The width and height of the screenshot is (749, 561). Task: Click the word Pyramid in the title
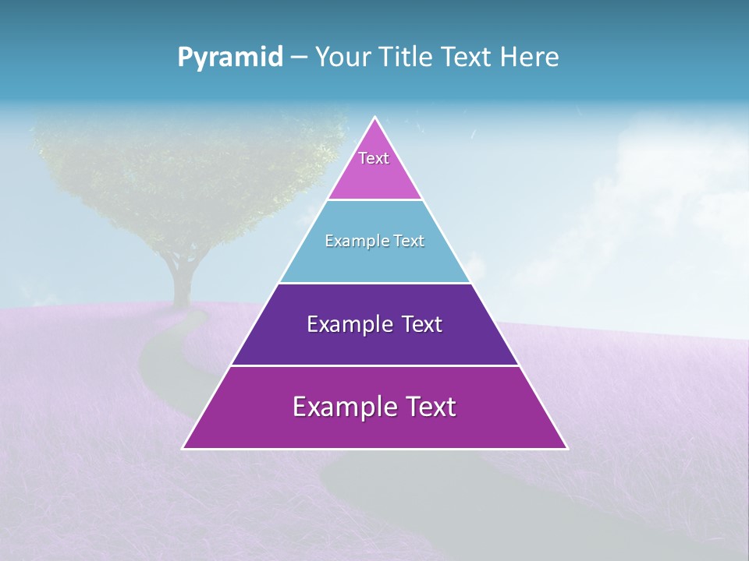(230, 58)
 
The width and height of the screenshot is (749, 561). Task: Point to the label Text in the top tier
(374, 158)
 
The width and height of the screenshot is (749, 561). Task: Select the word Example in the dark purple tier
(345, 324)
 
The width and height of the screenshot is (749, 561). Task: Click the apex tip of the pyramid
(375, 118)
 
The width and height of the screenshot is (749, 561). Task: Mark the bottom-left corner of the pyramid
(184, 448)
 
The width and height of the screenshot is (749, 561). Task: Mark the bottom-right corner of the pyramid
(566, 448)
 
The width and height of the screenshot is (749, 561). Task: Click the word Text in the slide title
(465, 58)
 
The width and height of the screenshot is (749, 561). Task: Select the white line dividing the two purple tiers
(374, 365)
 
